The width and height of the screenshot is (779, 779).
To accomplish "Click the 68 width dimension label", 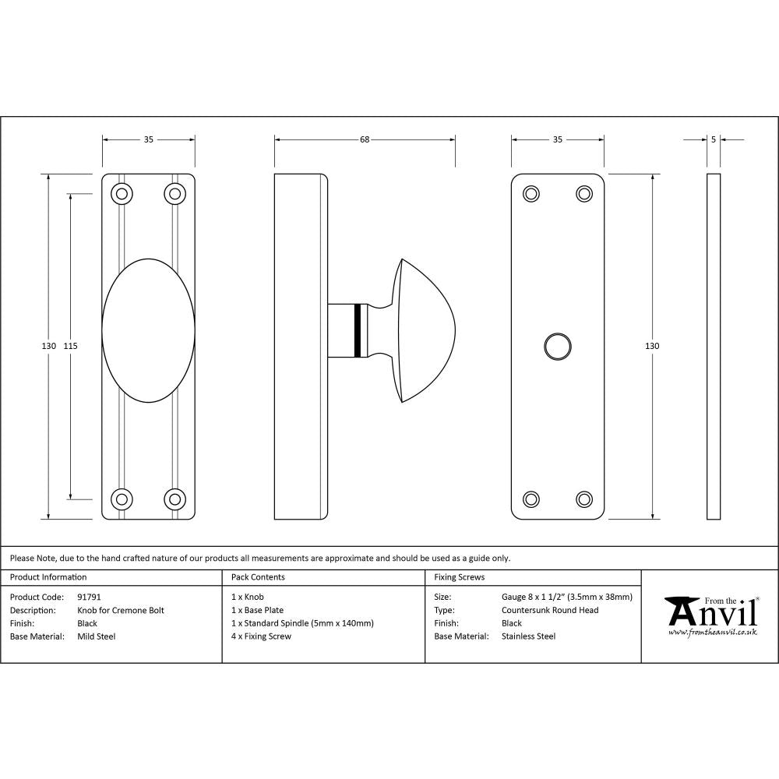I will pyautogui.click(x=364, y=139).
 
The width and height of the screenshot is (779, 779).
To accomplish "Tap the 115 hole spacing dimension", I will pyautogui.click(x=71, y=345).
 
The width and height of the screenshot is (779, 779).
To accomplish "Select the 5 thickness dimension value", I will pyautogui.click(x=714, y=139).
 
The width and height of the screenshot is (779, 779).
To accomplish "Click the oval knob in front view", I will pyautogui.click(x=148, y=330).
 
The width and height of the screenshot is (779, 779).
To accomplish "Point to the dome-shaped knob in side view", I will pyautogui.click(x=425, y=330).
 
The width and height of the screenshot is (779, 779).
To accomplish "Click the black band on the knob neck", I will pyautogui.click(x=358, y=330).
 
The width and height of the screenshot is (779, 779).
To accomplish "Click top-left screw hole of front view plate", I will pyautogui.click(x=121, y=193).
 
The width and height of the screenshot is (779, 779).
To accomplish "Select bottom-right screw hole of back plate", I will pyautogui.click(x=584, y=499).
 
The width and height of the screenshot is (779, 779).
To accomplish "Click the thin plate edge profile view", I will pyautogui.click(x=714, y=346).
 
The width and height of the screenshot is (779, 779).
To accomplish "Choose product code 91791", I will pyautogui.click(x=89, y=597).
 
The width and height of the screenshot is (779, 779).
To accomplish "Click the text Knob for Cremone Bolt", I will pyautogui.click(x=121, y=610).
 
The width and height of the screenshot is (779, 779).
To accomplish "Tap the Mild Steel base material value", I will pyautogui.click(x=96, y=636).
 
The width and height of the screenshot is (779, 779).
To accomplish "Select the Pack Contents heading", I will pyautogui.click(x=258, y=577).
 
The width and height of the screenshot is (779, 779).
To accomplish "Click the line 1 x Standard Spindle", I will pyautogui.click(x=302, y=623).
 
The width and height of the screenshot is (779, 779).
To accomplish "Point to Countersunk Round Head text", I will pyautogui.click(x=550, y=610).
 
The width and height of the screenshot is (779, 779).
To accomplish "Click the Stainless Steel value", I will pyautogui.click(x=528, y=636).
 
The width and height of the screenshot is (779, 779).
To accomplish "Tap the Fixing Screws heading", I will pyautogui.click(x=459, y=577).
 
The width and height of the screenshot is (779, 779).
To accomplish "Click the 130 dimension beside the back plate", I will pyautogui.click(x=653, y=345).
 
